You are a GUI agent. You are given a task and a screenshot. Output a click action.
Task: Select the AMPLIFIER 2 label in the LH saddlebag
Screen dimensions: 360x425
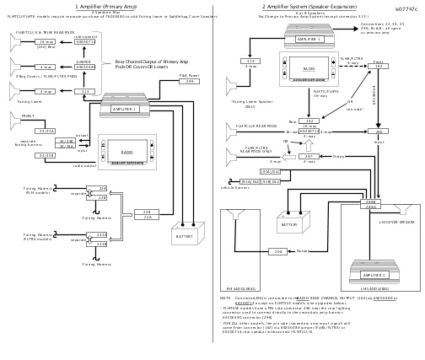[374, 275]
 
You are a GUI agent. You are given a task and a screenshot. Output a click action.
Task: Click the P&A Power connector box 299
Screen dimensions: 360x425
[190, 82]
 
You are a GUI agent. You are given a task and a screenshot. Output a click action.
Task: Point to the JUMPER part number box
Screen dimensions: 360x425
[84, 67]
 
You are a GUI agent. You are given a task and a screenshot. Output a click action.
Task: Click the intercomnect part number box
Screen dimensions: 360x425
[84, 41]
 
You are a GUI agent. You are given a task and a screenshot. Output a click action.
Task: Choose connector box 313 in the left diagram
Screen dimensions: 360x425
[84, 91]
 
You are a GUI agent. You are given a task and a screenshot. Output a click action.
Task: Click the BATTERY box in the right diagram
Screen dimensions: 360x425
[289, 225]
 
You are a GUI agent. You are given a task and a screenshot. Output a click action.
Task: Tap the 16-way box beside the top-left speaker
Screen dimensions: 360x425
[46, 41]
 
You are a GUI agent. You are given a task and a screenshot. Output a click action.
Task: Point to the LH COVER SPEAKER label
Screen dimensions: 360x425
[396, 223]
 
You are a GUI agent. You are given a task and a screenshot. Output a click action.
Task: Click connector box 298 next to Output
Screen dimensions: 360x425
[277, 250]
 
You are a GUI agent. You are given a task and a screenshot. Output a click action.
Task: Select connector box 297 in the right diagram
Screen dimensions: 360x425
[309, 156]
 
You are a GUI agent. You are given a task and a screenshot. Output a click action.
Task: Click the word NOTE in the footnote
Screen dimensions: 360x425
[226, 298]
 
